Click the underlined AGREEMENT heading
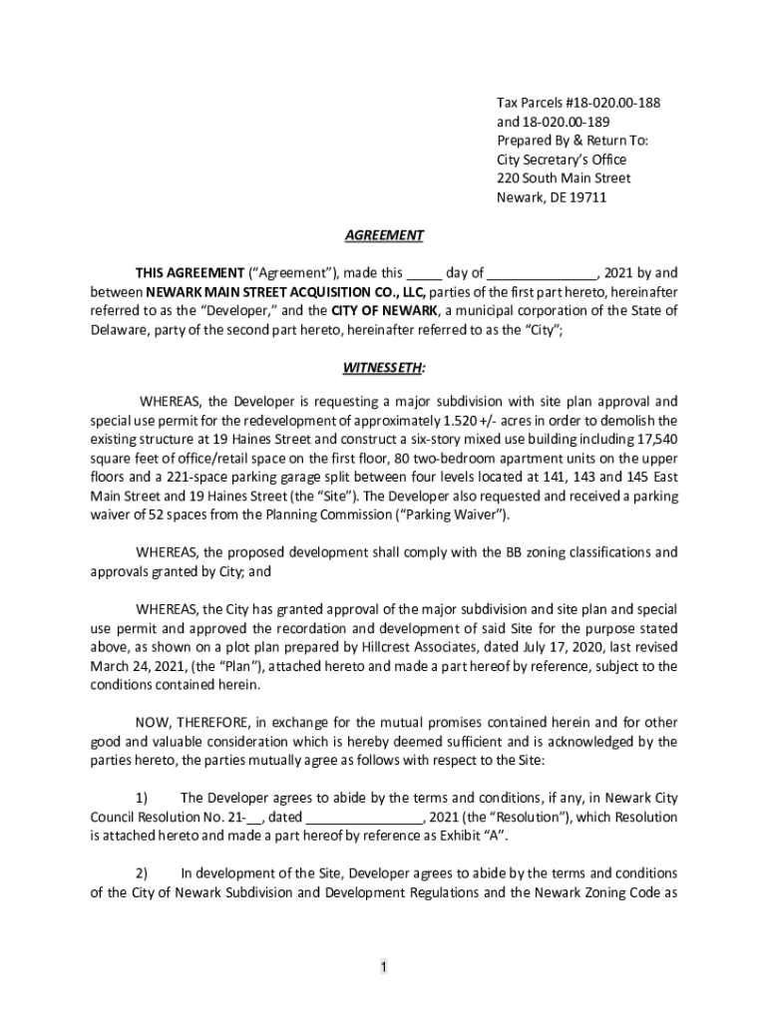click(x=384, y=235)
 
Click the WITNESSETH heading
click(x=384, y=367)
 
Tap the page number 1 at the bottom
click(x=383, y=967)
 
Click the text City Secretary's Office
click(x=562, y=160)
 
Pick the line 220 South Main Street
click(x=564, y=178)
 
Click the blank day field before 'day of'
click(x=424, y=273)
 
